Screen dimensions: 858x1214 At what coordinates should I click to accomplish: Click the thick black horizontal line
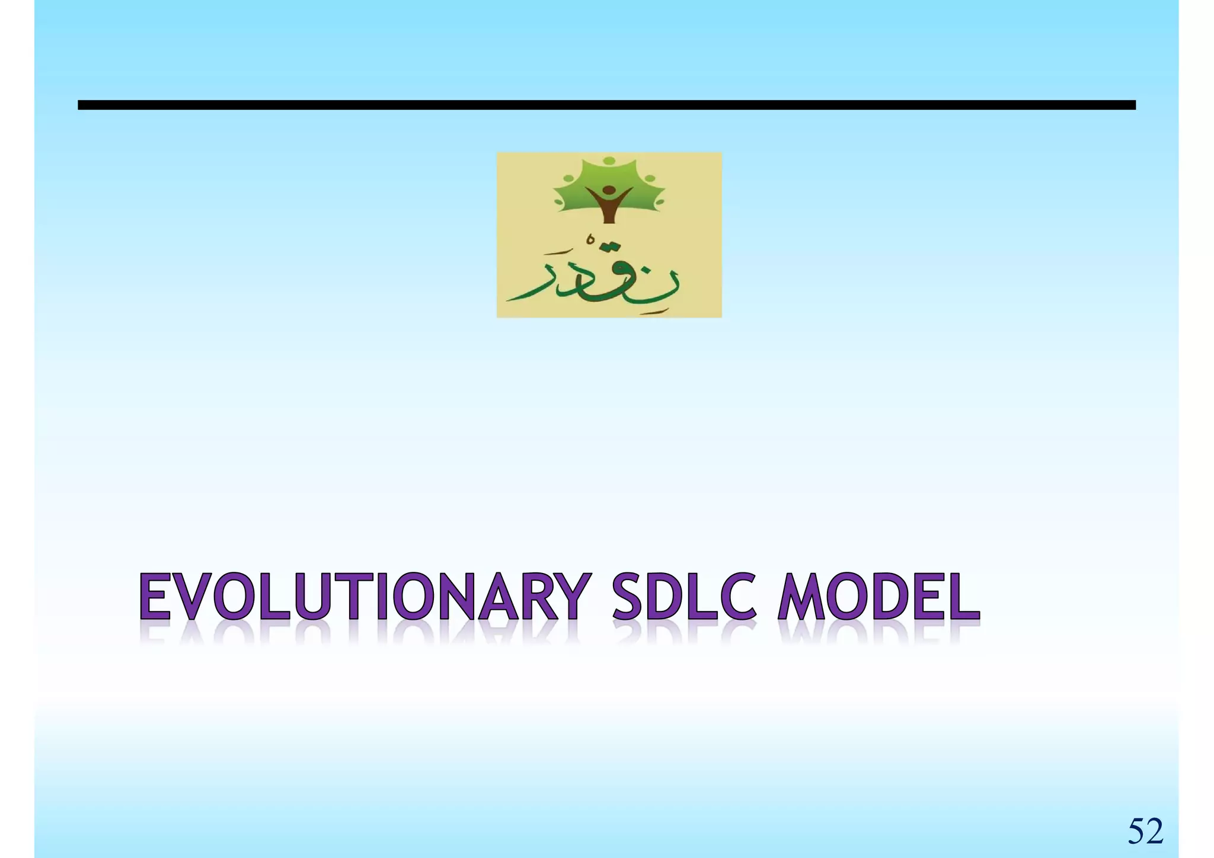coord(606,105)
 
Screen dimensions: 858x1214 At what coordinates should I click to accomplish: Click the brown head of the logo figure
coord(609,191)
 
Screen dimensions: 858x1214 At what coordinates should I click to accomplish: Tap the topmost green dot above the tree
coord(609,160)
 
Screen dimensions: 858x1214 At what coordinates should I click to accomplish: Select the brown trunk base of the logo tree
coord(609,217)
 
